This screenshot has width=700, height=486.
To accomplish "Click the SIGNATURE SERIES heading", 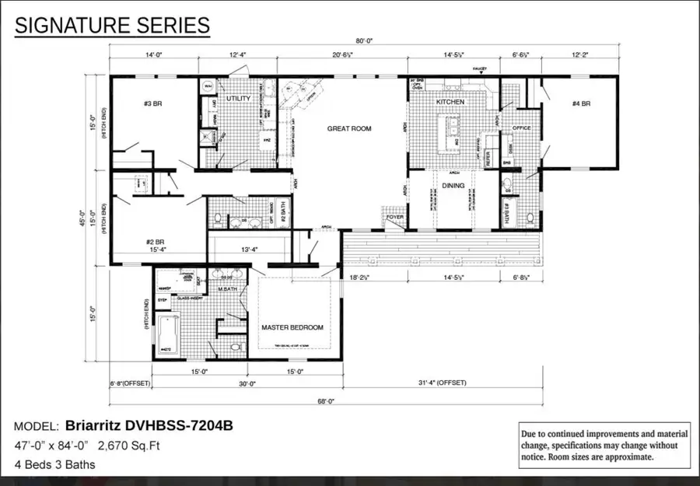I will (113, 26).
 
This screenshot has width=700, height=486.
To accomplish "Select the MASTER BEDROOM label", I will (292, 327).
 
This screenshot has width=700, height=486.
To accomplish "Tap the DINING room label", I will (453, 185).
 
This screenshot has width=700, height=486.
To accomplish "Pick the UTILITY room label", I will (238, 99).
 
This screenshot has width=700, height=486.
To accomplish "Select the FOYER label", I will (396, 219).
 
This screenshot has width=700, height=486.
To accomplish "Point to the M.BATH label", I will (226, 290).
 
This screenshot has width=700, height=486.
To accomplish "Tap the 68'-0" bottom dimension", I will (326, 401).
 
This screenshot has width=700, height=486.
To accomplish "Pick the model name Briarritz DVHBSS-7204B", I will (149, 425).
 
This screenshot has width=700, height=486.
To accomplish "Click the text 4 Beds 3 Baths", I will (55, 465).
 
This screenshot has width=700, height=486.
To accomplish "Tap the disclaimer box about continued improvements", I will (604, 445).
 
